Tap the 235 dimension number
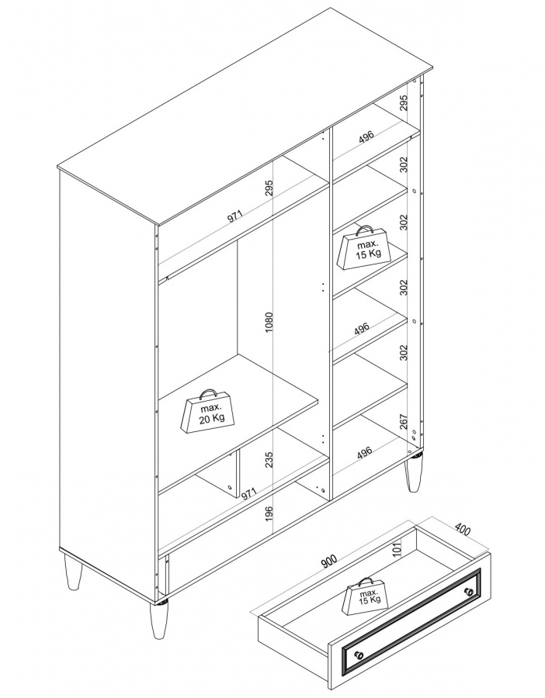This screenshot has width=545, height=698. point(269,460)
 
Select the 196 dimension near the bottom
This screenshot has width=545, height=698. point(269,515)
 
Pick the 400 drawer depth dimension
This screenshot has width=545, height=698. point(462,530)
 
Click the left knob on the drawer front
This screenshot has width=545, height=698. point(358,655)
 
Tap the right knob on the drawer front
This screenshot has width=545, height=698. point(468,591)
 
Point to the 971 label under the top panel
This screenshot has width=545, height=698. point(234,216)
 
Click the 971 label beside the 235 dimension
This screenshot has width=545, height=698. point(249,494)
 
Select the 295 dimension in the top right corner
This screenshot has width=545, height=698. point(404,103)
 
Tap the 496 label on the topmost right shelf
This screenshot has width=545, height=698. point(366,137)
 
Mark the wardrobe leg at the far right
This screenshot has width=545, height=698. point(414,474)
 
